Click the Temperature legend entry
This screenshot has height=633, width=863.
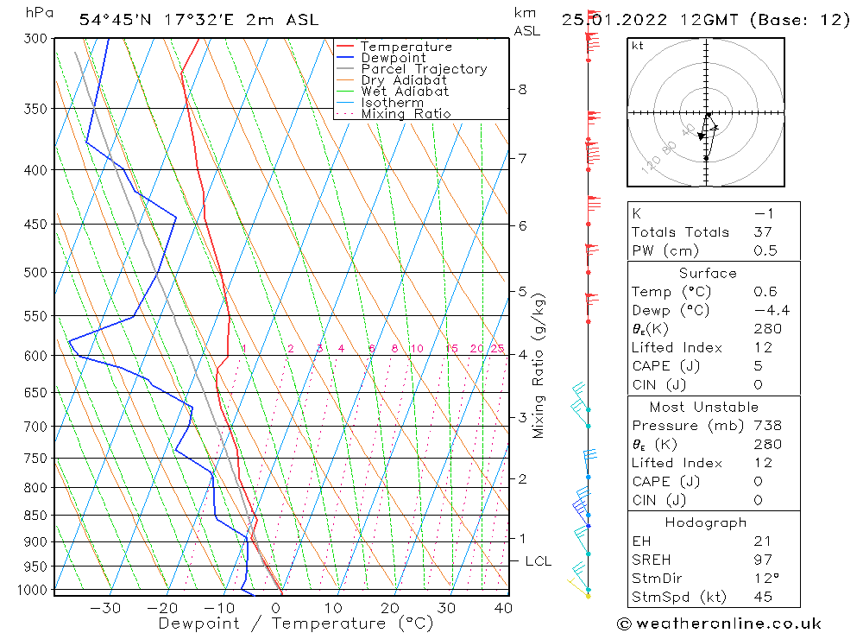[x=406, y=47]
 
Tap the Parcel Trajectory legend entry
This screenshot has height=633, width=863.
[x=423, y=69]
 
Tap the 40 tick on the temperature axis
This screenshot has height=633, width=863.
[x=502, y=608]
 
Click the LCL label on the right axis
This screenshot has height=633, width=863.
[x=538, y=561]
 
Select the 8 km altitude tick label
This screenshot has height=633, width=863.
[x=522, y=89]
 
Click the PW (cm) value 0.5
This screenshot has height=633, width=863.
[x=765, y=251]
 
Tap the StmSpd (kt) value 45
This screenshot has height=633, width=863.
[x=762, y=598]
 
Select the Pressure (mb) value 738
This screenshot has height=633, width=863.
[x=767, y=426]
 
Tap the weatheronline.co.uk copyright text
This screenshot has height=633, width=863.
[x=720, y=624]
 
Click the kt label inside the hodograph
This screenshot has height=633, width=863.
[x=637, y=46]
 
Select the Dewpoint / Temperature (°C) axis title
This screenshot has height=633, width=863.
[x=296, y=624]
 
